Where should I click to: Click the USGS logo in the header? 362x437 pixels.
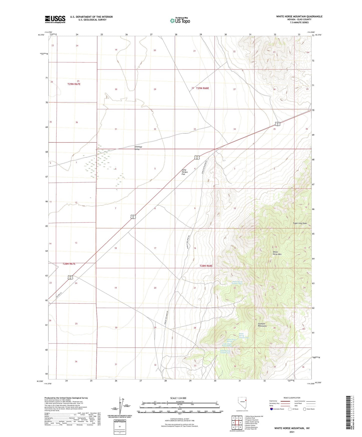(x=55, y=19)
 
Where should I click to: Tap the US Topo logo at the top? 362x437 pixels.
(x=180, y=21)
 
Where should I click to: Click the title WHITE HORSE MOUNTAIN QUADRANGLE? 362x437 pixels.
(x=299, y=17)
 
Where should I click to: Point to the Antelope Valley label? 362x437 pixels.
(x=138, y=148)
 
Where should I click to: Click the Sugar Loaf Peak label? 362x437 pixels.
(x=300, y=223)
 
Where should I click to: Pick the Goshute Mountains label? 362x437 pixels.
(x=262, y=325)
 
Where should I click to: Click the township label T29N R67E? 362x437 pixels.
(x=74, y=84)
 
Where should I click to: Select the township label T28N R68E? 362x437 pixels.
(x=206, y=266)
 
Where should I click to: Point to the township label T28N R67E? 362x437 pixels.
(x=69, y=264)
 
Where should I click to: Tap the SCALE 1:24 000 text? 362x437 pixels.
(x=178, y=398)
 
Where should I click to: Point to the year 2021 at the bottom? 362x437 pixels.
(x=292, y=432)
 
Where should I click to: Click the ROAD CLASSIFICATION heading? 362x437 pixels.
(x=292, y=398)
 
